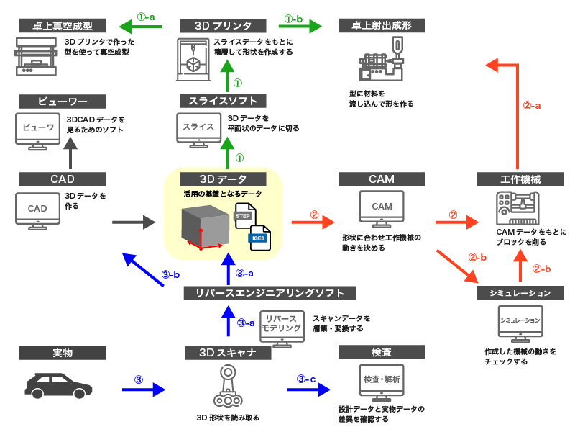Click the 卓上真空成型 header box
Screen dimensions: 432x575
tap(63, 26)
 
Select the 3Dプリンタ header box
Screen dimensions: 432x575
tap(222, 26)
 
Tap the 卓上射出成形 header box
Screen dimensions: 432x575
tap(382, 26)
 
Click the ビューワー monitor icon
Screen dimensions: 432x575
tap(38, 130)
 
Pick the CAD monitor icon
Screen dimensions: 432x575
tap(37, 210)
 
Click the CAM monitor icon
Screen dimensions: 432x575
tap(382, 208)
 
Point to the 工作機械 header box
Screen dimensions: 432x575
tap(521, 179)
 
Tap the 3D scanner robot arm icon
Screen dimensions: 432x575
tap(227, 389)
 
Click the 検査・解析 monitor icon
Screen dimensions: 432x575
tap(382, 380)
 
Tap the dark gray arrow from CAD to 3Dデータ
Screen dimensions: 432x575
tap(134, 223)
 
